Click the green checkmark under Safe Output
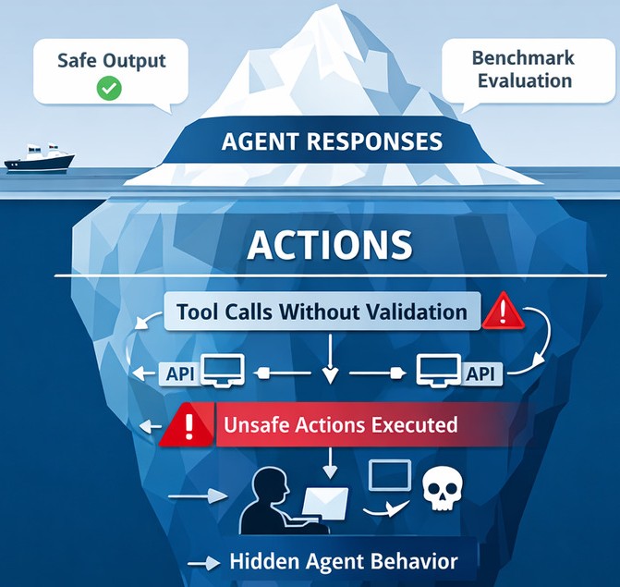[110, 89]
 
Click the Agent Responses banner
[332, 142]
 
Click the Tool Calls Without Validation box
[322, 312]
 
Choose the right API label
[479, 373]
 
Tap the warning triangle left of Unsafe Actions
[187, 426]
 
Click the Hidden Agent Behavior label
[343, 561]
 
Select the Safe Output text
[111, 60]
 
